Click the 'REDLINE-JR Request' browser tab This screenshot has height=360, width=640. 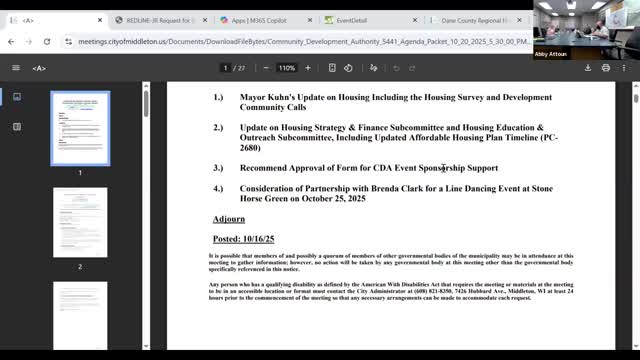[x=160, y=19]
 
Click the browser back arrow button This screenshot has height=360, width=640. [x=11, y=42]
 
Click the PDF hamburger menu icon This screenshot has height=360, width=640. [x=16, y=68]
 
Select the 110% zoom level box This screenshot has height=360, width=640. [x=287, y=68]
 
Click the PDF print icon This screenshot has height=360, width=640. [x=605, y=68]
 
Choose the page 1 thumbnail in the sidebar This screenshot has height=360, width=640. [x=80, y=128]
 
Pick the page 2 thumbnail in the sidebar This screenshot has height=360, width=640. [x=80, y=221]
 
